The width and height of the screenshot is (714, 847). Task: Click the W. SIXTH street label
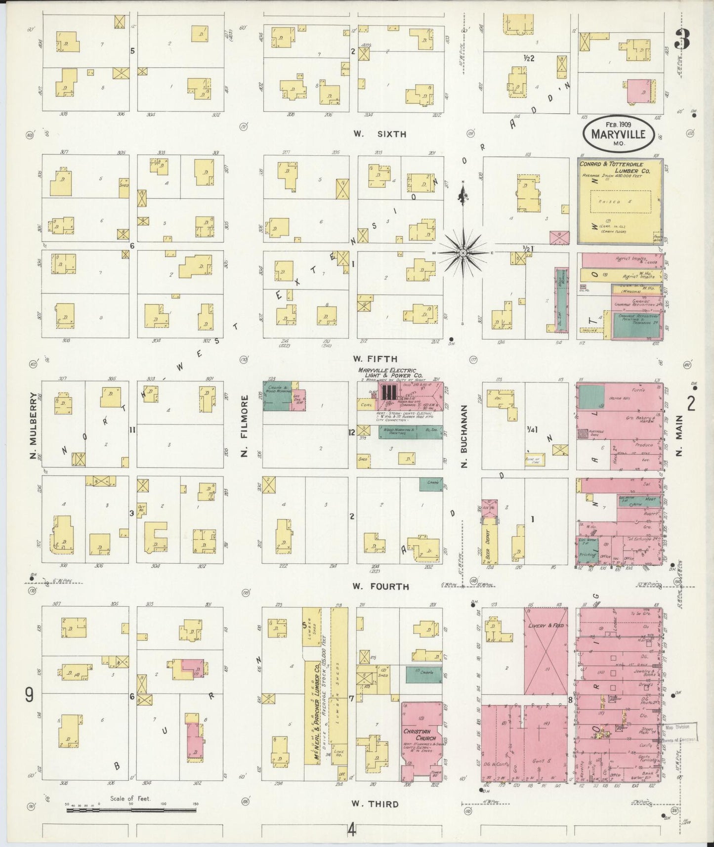(379, 134)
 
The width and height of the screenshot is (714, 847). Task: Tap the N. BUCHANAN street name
(464, 436)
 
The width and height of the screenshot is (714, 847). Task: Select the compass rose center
(463, 253)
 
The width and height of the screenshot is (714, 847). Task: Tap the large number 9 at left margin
(29, 695)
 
